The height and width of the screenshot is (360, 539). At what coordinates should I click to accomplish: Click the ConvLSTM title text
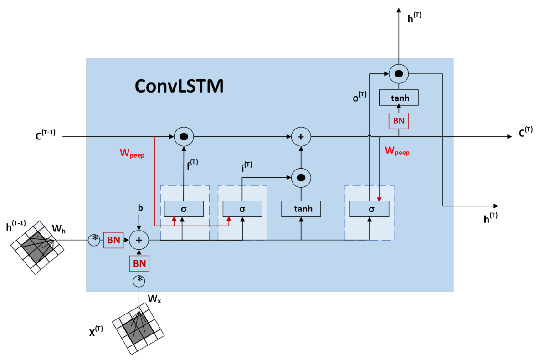click(179, 86)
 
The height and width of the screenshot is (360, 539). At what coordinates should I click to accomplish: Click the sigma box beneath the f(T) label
click(184, 209)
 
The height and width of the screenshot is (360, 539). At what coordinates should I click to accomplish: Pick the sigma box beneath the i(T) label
click(242, 209)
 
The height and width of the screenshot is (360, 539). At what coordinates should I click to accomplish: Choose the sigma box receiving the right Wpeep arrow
click(370, 209)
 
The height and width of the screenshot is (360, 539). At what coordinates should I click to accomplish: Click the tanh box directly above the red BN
click(399, 98)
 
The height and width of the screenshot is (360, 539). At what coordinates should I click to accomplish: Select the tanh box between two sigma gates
click(301, 209)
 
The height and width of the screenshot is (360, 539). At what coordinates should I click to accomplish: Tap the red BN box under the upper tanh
click(399, 121)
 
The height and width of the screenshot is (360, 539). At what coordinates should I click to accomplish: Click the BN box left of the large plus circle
click(113, 240)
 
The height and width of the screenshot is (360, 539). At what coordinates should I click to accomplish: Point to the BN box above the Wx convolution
click(139, 263)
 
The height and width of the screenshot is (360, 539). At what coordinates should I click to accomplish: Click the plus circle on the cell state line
click(301, 136)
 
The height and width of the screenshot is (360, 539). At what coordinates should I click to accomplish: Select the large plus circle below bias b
click(139, 240)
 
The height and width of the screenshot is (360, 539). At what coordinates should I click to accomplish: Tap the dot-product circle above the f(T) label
click(184, 136)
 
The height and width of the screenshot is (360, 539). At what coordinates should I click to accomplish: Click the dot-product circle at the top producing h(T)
click(399, 73)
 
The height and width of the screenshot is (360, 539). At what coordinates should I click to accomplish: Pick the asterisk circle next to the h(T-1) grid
click(94, 239)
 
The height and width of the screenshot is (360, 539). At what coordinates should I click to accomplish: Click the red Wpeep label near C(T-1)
click(132, 155)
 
